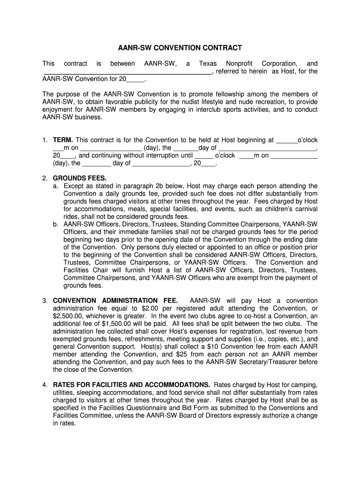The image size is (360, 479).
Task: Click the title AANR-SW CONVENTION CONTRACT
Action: [180, 48]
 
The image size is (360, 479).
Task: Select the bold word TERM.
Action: [63, 140]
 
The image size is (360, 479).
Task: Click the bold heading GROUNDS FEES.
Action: [79, 178]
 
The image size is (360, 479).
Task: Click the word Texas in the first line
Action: [208, 64]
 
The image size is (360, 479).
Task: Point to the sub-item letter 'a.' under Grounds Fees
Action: [56, 186]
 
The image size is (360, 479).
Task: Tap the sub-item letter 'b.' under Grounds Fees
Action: [56, 224]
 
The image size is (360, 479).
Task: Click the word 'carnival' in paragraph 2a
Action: [305, 209]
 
